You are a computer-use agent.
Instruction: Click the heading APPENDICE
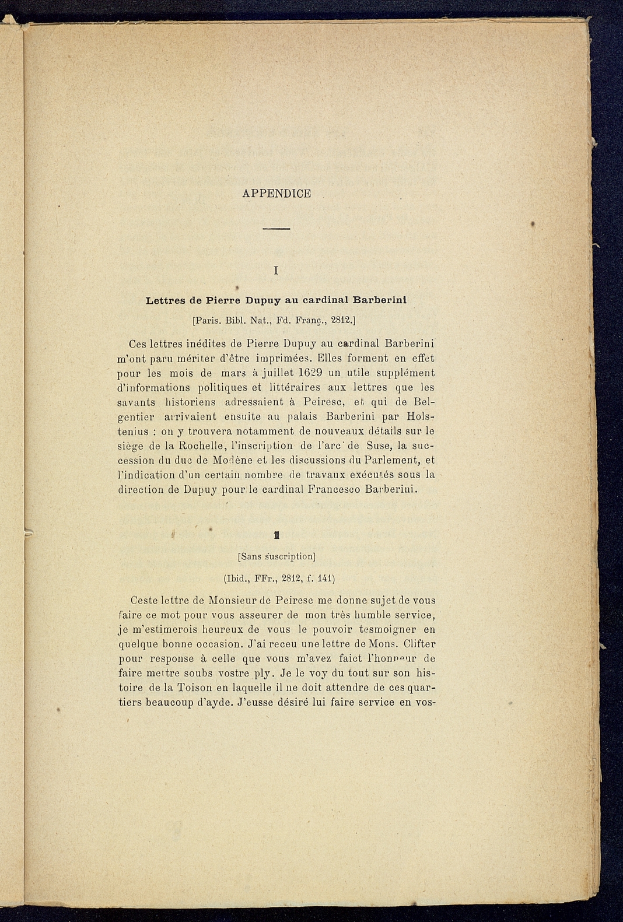[276, 194]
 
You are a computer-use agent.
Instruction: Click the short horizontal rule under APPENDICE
[276, 228]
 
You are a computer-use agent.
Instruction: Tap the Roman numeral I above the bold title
[276, 271]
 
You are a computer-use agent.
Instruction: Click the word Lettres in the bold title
[165, 300]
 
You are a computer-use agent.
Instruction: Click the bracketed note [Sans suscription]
[276, 556]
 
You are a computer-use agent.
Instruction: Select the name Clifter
[419, 644]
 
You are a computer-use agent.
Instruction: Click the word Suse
[372, 446]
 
